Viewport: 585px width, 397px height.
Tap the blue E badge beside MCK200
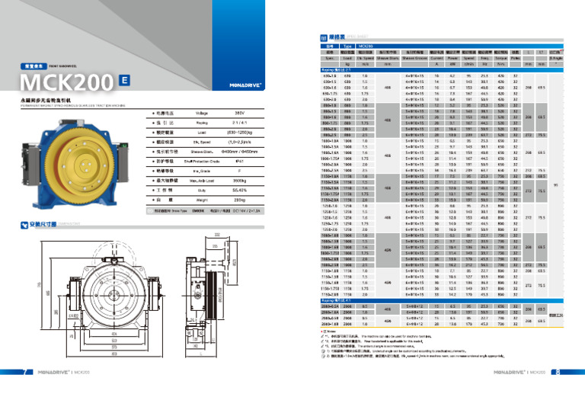tap(124, 79)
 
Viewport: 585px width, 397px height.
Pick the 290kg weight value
tap(218, 197)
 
